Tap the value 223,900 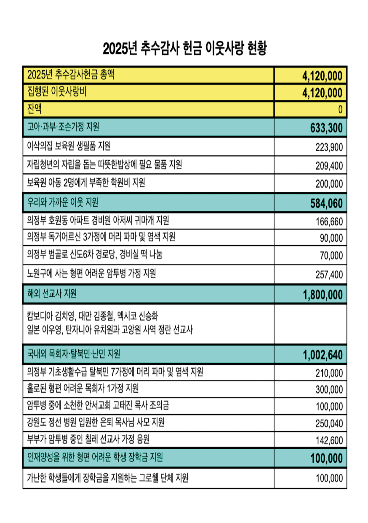[x=329, y=147]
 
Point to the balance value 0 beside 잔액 [x=340, y=110]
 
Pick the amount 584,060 [x=326, y=204]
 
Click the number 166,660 [x=329, y=221]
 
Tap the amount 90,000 [x=331, y=238]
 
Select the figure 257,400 [x=329, y=275]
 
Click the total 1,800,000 [x=323, y=295]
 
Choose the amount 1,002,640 [x=323, y=355]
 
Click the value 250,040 [x=329, y=423]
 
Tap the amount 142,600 [x=329, y=441]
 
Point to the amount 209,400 [x=329, y=166]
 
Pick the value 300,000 [x=329, y=389]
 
